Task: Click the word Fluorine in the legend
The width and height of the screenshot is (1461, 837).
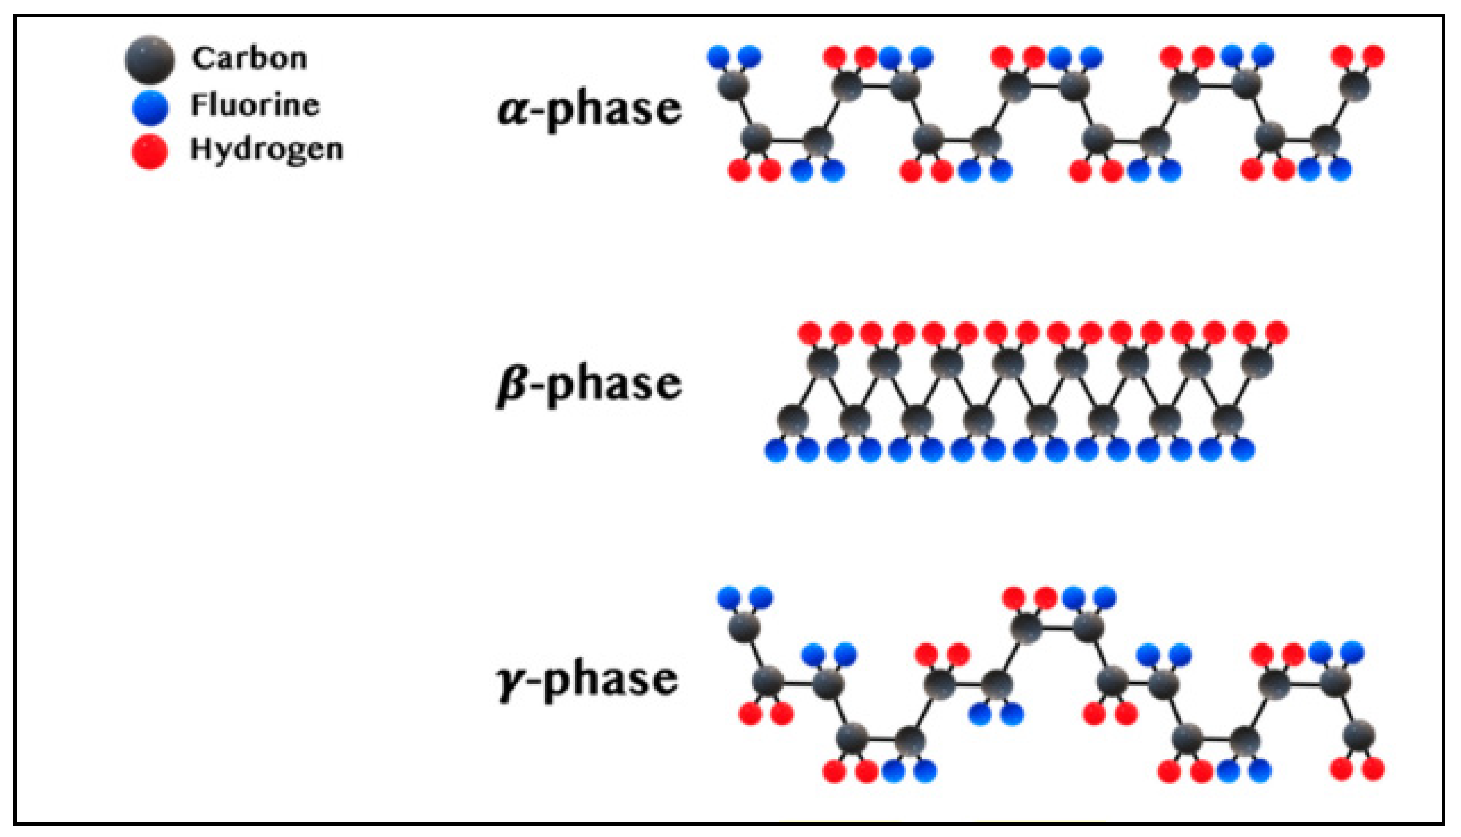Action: click(x=255, y=105)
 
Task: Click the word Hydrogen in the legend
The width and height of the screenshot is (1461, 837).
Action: click(x=266, y=149)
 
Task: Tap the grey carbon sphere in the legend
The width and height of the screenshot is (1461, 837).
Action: click(x=150, y=60)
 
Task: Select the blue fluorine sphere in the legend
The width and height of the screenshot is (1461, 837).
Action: click(x=150, y=108)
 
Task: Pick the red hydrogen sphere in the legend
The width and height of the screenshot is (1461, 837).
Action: click(x=150, y=152)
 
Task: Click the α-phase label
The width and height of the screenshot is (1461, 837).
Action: click(x=589, y=109)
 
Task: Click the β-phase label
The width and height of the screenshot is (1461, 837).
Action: click(x=589, y=384)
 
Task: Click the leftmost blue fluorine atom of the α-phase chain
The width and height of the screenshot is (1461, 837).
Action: click(x=718, y=56)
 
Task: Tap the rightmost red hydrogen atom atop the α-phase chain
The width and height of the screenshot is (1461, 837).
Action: click(x=1373, y=56)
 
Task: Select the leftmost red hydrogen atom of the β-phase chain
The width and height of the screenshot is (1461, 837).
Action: click(x=810, y=332)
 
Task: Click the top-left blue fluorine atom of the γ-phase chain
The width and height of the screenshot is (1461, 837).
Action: click(x=729, y=597)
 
